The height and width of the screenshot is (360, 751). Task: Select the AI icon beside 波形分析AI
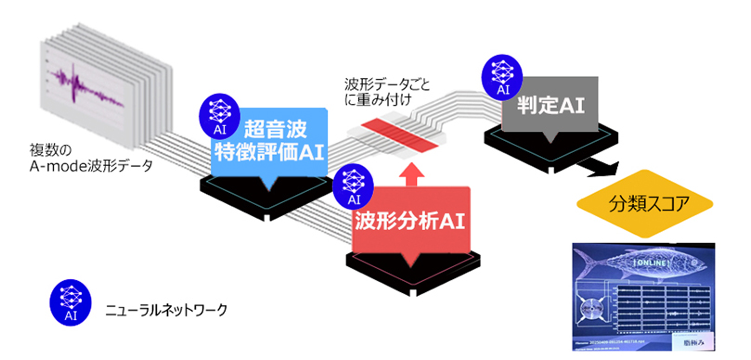click(353, 185)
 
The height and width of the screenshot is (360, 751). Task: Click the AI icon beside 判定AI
click(502, 74)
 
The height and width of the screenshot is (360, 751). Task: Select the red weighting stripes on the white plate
click(395, 130)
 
